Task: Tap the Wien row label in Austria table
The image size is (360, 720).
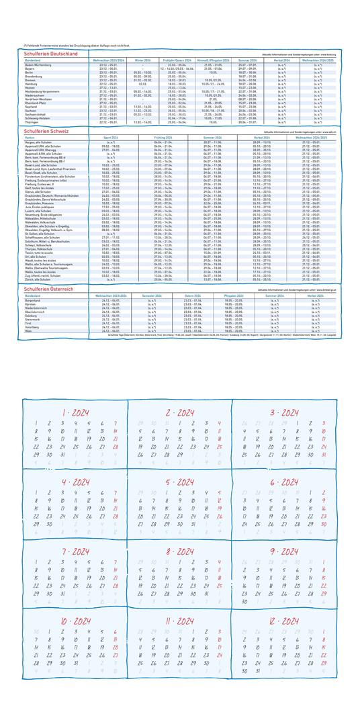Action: click(28, 331)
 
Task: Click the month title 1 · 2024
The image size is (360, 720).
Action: click(75, 412)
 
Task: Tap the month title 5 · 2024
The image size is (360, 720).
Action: click(179, 482)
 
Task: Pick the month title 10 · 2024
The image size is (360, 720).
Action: click(75, 621)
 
